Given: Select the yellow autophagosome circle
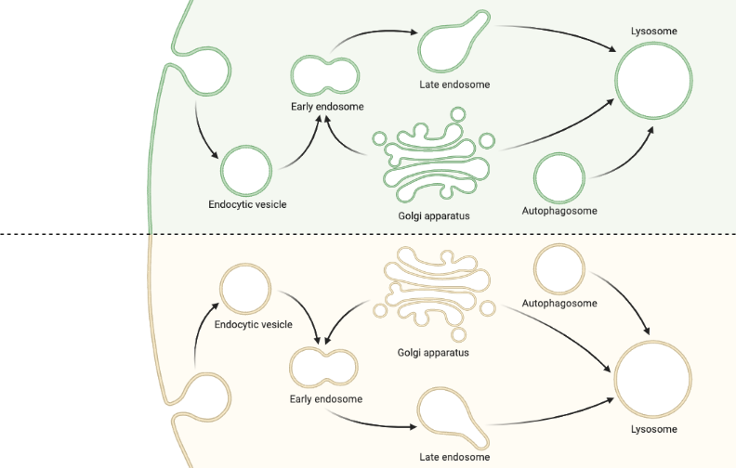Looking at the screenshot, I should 560,268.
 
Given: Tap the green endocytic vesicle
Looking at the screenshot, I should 246,169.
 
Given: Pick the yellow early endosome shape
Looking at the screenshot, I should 323,368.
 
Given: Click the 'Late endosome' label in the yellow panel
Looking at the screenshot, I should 454,457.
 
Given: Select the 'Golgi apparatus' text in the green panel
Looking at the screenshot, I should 434,215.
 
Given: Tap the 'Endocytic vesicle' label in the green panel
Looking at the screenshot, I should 247,204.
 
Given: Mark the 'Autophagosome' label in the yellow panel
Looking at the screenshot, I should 559,304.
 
